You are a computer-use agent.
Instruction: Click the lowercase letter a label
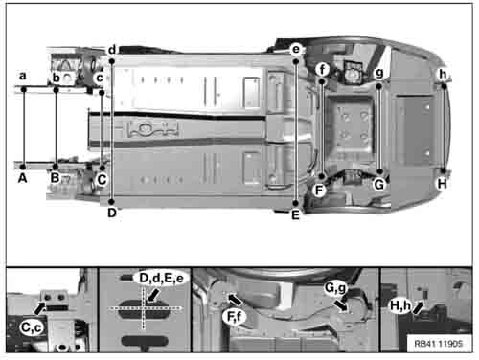tap(22, 76)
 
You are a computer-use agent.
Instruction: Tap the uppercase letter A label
tap(22, 178)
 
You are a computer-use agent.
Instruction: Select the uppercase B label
tap(56, 178)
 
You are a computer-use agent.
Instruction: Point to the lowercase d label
tap(112, 50)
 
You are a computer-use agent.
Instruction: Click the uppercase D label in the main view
tap(112, 213)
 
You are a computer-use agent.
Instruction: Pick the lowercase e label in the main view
tap(296, 50)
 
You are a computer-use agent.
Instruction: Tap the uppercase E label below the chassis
tap(295, 215)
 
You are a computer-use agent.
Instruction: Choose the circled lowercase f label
tap(323, 69)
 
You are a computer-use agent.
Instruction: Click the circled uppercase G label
tap(379, 185)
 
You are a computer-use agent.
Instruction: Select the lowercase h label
tap(443, 74)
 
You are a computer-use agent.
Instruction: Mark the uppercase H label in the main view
tap(442, 184)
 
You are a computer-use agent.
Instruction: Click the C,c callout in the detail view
tap(32, 328)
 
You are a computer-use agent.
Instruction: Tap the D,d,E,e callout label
tap(161, 279)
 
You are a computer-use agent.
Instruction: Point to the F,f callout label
tap(235, 317)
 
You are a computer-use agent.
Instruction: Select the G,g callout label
tap(335, 288)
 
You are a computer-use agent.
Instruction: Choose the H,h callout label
tap(400, 305)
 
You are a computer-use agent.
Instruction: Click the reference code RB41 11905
tap(438, 344)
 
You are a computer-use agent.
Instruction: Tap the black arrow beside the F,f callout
tap(235, 300)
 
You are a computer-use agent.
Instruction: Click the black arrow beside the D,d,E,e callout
tap(154, 295)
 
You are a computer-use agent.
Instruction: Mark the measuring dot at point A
tap(23, 167)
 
